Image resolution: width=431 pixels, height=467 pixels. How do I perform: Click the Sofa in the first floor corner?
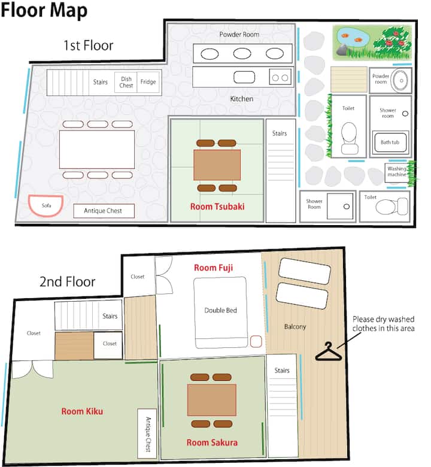pos(45,205)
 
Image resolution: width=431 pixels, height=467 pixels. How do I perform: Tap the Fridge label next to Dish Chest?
pos(148,81)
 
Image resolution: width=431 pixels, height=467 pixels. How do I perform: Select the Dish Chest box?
pos(126,82)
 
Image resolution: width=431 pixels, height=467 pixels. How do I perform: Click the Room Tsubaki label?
pos(217,207)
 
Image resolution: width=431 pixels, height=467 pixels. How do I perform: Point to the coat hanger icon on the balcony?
pos(329,352)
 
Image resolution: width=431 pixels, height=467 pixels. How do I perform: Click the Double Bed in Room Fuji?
pos(220,313)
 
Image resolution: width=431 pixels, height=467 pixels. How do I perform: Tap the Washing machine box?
pos(397,172)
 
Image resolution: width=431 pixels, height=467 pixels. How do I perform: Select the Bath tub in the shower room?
pos(390,142)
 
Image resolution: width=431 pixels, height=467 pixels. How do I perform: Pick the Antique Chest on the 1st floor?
pos(104,211)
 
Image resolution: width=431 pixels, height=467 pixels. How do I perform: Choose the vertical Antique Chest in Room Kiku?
pos(147,433)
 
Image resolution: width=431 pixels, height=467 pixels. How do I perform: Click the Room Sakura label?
pos(212,442)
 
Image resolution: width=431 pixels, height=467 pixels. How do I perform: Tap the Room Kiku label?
pos(82,411)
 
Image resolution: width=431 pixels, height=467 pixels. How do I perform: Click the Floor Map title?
pos(44,10)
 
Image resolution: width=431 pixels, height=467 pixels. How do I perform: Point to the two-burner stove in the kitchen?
pos(280,77)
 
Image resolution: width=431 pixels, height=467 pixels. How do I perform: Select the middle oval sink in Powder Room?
pos(242,54)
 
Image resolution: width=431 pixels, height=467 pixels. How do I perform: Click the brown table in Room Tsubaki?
pos(217,165)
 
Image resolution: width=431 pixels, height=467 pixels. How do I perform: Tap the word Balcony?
pos(295,327)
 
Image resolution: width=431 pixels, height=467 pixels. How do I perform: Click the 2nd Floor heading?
pos(67,281)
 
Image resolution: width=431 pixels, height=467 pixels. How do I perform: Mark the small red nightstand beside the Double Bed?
pos(256,341)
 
